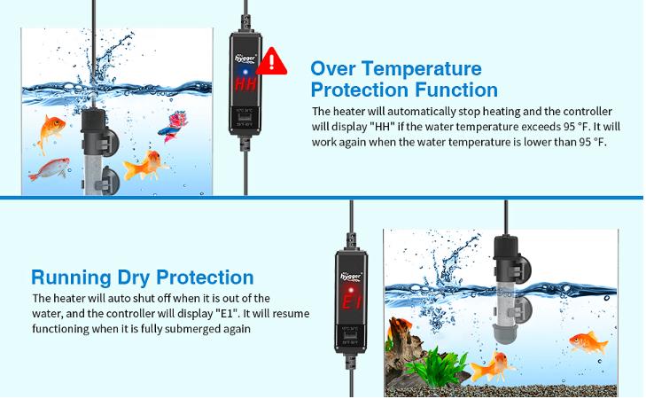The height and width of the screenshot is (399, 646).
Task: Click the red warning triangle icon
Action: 276,61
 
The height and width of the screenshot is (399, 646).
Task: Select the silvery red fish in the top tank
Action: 55,166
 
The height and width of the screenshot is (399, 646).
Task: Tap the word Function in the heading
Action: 455,90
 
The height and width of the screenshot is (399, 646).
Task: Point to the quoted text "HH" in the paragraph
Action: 387,127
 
